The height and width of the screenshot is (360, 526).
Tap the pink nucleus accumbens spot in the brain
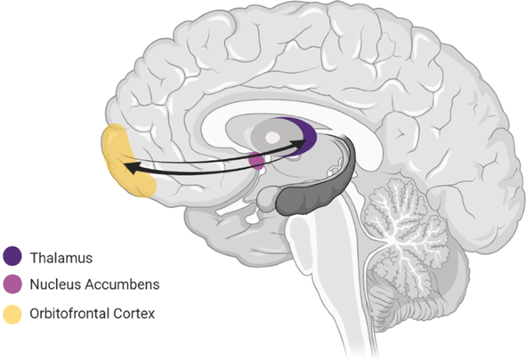pos(257,162)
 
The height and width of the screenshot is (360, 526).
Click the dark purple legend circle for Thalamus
pos(13,256)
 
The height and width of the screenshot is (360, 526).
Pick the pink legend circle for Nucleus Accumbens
pos(13,285)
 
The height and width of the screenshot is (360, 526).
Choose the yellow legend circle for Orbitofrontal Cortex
pos(13,313)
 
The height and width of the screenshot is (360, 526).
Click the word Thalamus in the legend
pos(58,256)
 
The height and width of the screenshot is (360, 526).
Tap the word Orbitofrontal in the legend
pos(67,313)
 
